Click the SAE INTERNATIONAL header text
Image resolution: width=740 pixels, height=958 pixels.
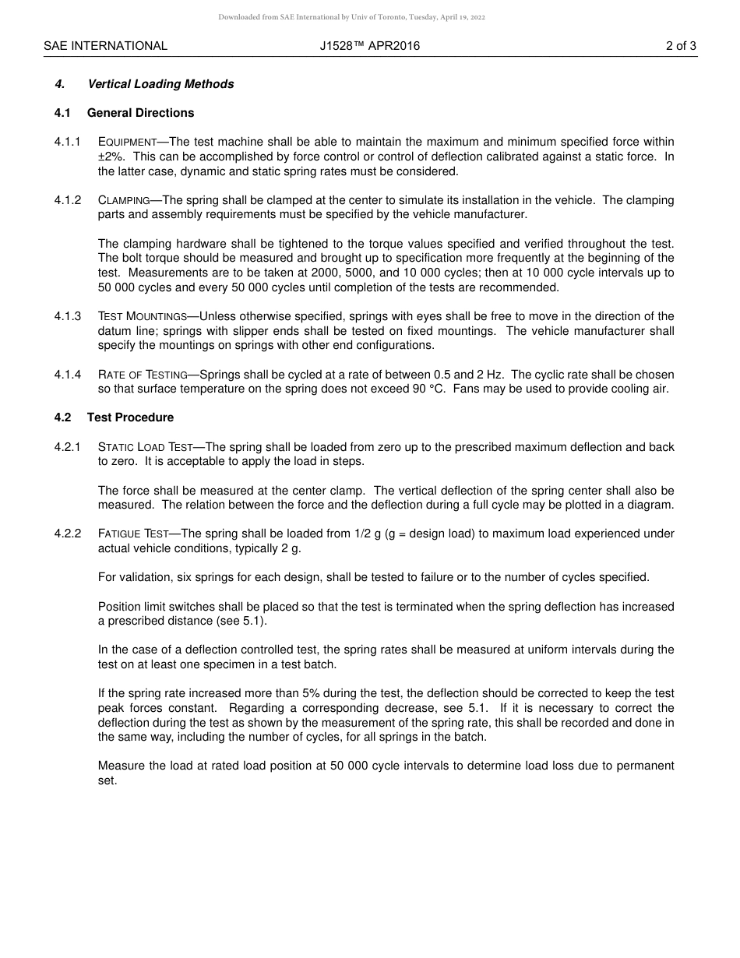pyautogui.click(x=105, y=46)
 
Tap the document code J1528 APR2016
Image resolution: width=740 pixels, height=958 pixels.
pyautogui.click(x=369, y=46)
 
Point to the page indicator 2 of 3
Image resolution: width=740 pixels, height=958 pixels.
pyautogui.click(x=681, y=46)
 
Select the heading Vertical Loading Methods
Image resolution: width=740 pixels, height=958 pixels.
pyautogui.click(x=160, y=84)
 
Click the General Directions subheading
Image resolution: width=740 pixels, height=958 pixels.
pyautogui.click(x=140, y=113)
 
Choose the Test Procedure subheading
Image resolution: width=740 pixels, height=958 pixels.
pyautogui.click(x=130, y=417)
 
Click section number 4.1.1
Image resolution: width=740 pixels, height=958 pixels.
pyautogui.click(x=68, y=142)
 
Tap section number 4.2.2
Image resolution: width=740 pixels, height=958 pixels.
pyautogui.click(x=68, y=534)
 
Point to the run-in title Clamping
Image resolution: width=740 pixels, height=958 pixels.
pyautogui.click(x=124, y=200)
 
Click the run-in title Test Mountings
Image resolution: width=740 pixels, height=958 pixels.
pyautogui.click(x=143, y=316)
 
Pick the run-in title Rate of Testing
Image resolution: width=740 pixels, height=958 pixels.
pyautogui.click(x=143, y=375)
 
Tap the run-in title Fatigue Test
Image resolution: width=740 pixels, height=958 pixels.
pyautogui.click(x=133, y=534)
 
